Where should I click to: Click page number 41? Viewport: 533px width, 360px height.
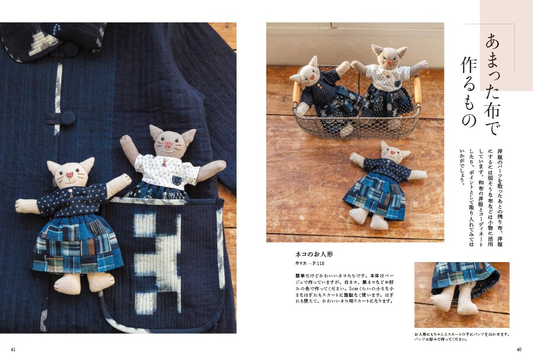point(13,349)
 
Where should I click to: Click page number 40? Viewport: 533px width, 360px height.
point(519,349)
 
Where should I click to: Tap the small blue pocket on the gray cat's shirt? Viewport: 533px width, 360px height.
point(177,180)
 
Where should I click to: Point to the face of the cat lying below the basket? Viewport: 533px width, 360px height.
point(391,153)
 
